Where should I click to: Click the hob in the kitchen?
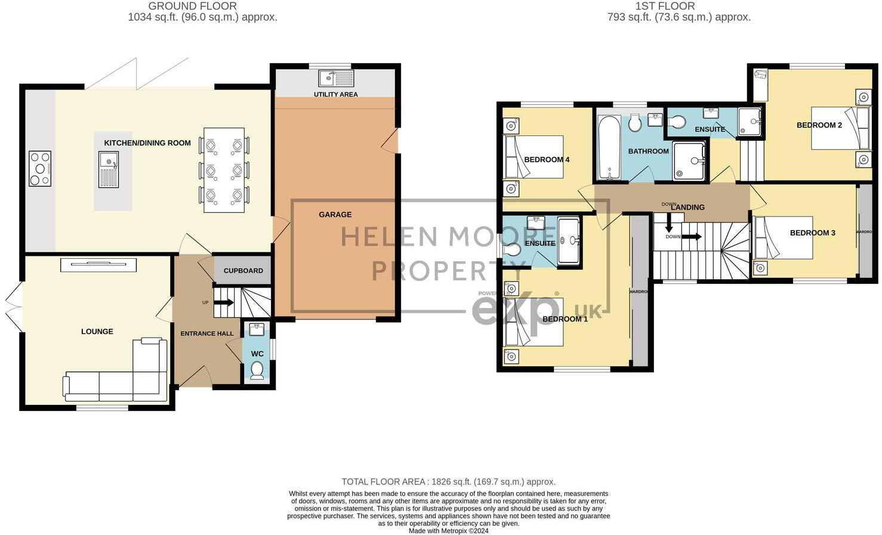point(40,169)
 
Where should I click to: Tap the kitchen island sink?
point(109,169)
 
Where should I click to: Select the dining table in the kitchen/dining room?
point(224,170)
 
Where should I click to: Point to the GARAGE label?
point(335,215)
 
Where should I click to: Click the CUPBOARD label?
point(243,271)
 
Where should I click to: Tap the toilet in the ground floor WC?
point(257,371)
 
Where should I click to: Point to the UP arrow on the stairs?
point(223,302)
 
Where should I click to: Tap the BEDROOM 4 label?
point(547,160)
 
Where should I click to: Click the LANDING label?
point(687,208)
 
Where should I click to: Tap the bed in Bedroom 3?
point(783,237)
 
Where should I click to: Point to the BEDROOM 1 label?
point(565,319)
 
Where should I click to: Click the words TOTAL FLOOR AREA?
point(383,482)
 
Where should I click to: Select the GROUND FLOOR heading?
point(192,6)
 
